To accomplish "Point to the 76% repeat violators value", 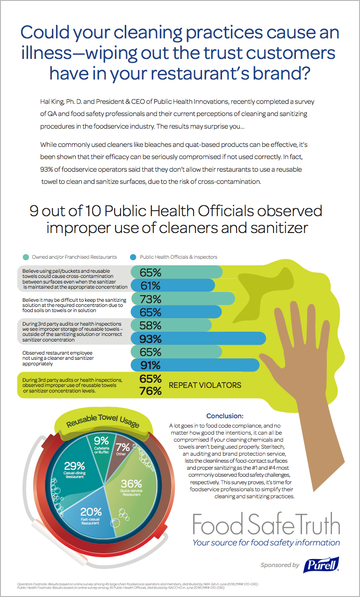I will pos(151,391).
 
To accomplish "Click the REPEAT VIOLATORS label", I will pos(205,385).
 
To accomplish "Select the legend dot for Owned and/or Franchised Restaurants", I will pos(26,257).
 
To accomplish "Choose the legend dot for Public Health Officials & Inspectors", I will pos(134,257).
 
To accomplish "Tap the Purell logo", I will pos(320,565).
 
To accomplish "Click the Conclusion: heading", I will pos(224,415).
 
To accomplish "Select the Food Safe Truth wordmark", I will pos(266,524).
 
